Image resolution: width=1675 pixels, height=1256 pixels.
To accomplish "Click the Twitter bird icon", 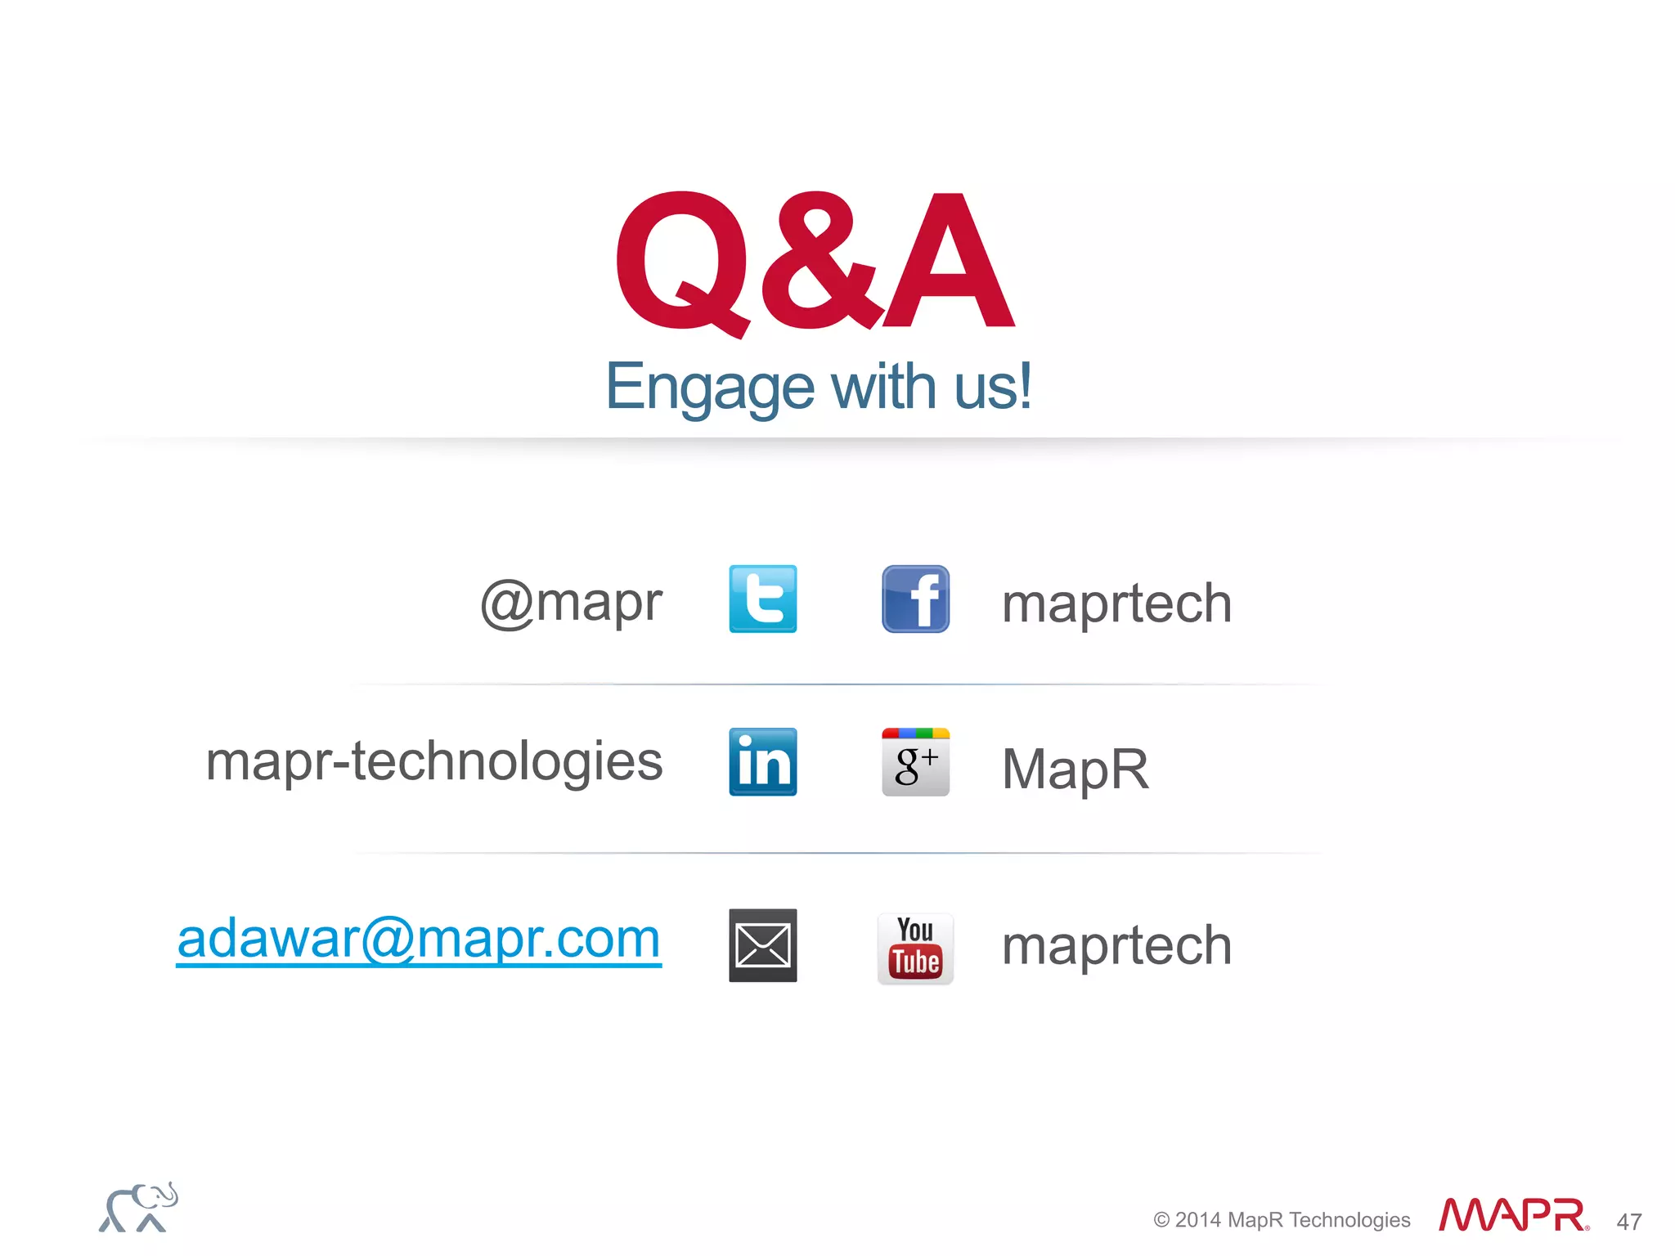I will [x=762, y=599].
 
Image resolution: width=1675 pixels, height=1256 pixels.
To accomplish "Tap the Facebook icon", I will [x=915, y=599].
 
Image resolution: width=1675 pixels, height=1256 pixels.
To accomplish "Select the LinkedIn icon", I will [x=762, y=762].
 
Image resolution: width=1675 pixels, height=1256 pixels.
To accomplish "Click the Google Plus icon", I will [x=915, y=762].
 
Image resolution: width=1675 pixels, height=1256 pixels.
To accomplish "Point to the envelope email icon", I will [x=762, y=945].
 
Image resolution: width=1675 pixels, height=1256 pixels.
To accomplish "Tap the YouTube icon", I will [x=915, y=949].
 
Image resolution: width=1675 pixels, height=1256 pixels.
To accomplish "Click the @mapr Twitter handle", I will [x=571, y=603].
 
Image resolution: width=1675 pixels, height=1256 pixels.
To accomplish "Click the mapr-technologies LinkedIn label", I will [x=433, y=762].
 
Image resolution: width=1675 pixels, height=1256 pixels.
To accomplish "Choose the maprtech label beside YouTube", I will [x=1116, y=946].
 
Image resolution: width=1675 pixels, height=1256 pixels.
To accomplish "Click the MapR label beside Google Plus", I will [x=1076, y=769].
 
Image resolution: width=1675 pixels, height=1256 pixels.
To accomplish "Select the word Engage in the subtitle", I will [x=709, y=388].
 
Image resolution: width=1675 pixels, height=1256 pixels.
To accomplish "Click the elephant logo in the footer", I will [x=137, y=1208].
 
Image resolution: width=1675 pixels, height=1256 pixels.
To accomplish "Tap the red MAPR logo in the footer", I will [x=1513, y=1216].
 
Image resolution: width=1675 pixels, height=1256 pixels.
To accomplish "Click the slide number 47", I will [x=1629, y=1222].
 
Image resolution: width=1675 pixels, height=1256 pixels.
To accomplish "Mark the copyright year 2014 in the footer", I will [x=1197, y=1220].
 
